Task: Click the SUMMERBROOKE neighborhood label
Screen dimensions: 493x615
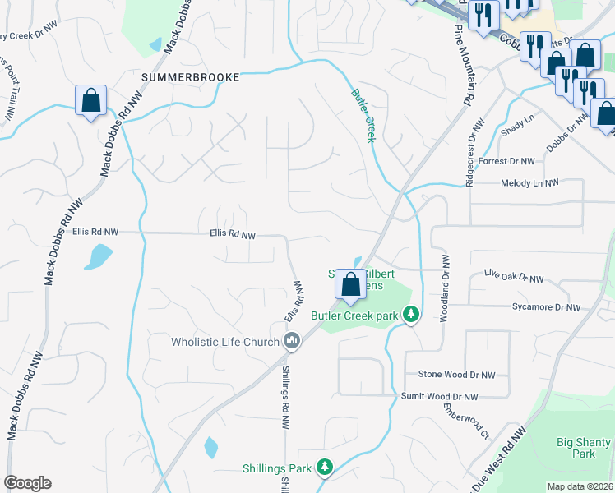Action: pos(190,77)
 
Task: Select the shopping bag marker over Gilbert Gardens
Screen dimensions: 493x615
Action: pos(350,285)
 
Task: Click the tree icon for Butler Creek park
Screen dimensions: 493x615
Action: pos(411,315)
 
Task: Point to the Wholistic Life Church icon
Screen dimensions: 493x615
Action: pos(292,341)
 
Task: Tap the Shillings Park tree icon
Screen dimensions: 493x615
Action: pos(325,468)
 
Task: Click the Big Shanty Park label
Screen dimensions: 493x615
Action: pos(583,448)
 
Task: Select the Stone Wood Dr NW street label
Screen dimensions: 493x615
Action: pos(456,375)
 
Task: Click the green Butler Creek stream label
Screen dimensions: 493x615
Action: pos(363,116)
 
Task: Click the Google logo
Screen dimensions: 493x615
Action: pos(27,483)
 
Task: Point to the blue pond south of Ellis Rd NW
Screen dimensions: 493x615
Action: pos(98,257)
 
